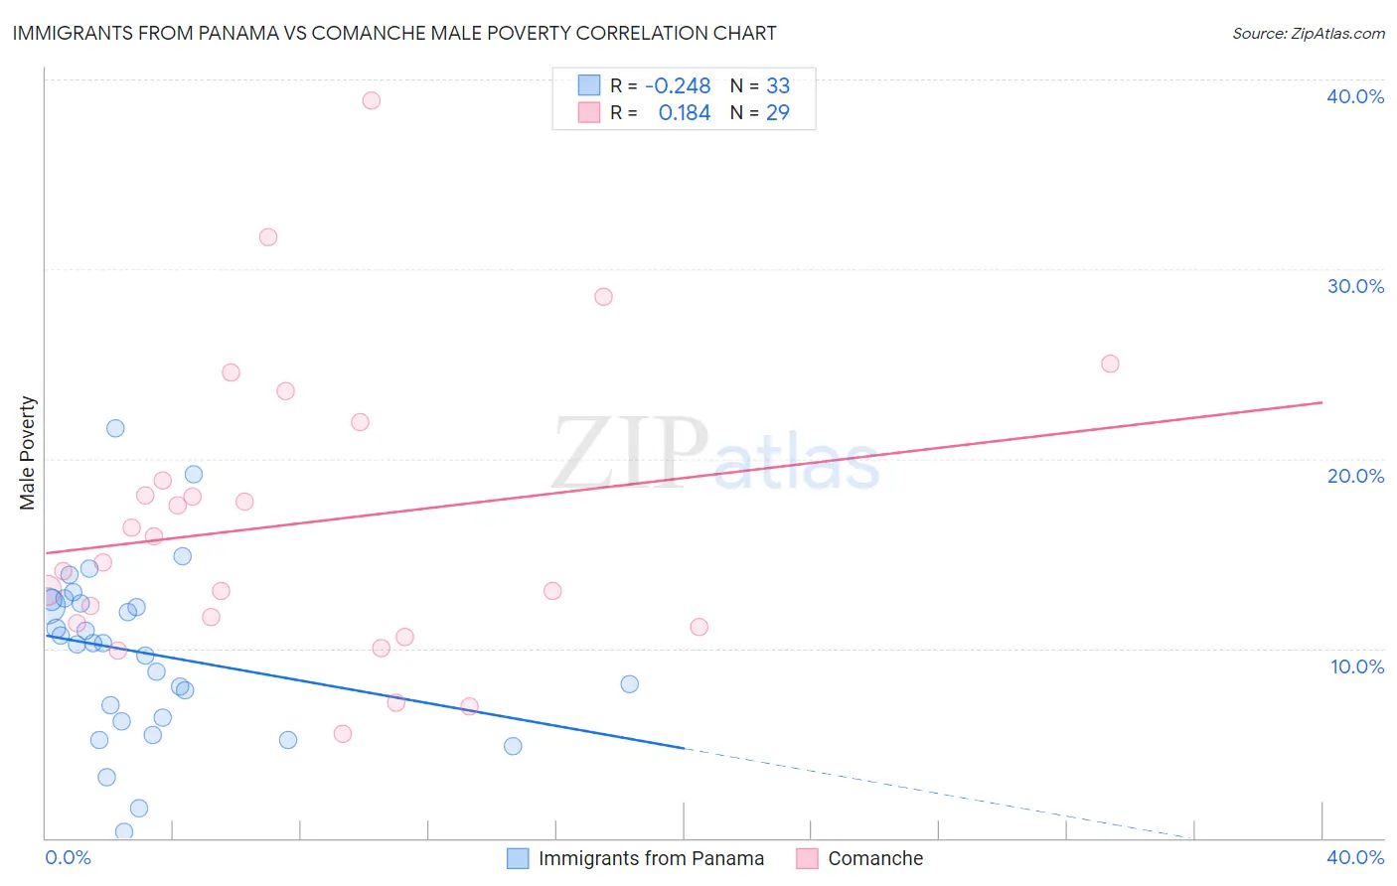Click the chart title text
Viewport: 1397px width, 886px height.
click(394, 33)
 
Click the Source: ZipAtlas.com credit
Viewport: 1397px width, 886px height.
click(1308, 34)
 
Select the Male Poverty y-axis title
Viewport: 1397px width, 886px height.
click(28, 453)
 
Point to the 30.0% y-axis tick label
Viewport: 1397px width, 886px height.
click(1355, 286)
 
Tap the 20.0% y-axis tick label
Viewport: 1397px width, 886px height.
click(1355, 476)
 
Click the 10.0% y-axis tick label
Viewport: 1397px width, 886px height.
click(1357, 666)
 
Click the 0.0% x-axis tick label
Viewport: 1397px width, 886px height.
click(68, 857)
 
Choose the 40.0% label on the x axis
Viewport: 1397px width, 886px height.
click(1355, 857)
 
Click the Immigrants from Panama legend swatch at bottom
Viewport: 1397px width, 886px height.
click(518, 858)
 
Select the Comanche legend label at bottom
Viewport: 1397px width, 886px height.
click(875, 858)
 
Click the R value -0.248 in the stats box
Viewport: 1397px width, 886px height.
click(678, 86)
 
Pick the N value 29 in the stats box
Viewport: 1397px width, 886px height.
click(777, 113)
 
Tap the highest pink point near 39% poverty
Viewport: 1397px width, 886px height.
click(371, 100)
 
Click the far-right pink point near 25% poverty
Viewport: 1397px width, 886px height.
click(1110, 364)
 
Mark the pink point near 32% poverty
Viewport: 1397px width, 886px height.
click(267, 237)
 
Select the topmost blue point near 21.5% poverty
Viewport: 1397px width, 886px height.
click(115, 428)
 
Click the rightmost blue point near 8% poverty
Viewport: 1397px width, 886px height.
click(629, 684)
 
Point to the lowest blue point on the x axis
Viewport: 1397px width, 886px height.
click(124, 831)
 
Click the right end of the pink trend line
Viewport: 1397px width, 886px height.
click(1321, 402)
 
